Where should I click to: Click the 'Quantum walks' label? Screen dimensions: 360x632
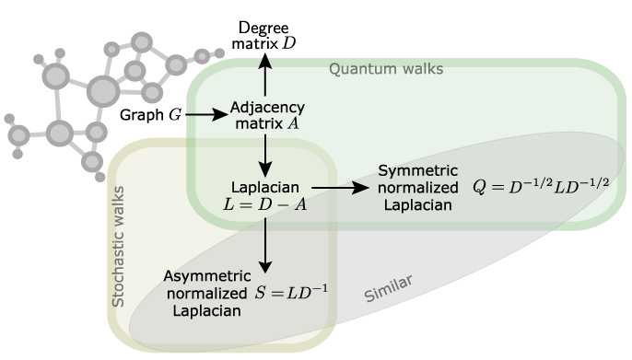point(386,68)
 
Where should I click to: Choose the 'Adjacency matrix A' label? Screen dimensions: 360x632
point(263,114)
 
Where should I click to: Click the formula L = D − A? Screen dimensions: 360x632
point(265,202)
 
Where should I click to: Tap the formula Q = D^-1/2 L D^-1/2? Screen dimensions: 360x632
point(542,186)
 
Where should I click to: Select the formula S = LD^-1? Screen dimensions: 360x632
point(293,293)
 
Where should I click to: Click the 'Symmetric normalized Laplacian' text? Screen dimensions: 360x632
point(415,188)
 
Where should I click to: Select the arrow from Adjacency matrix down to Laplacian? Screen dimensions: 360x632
point(265,154)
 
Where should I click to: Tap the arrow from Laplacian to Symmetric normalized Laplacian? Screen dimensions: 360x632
point(340,188)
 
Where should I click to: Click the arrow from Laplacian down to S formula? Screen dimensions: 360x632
point(265,243)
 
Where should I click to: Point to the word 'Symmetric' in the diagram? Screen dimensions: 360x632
point(415,171)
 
